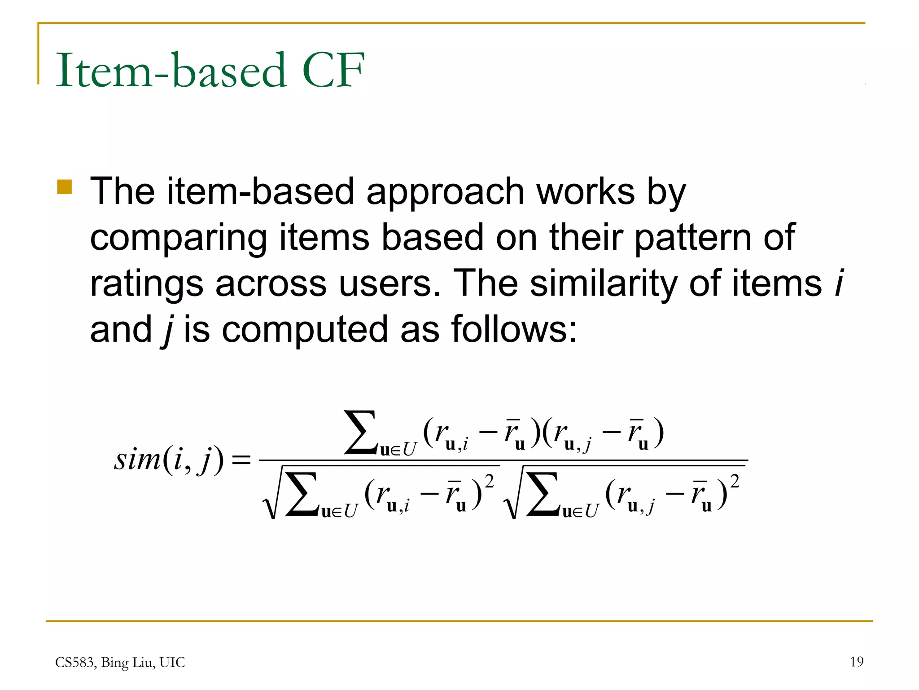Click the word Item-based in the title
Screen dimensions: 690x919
tap(171, 70)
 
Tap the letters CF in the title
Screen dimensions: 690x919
tap(333, 70)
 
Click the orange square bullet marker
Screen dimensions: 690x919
tap(65, 187)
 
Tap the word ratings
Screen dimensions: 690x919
tap(146, 284)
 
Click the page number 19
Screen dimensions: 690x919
tap(856, 661)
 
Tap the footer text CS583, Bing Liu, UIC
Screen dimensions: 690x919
tap(120, 662)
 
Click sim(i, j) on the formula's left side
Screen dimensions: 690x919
tap(168, 460)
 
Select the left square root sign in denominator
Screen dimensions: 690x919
tap(271, 494)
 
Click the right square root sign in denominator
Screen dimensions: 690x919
tap(512, 494)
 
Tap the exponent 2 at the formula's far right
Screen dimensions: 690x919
tap(735, 482)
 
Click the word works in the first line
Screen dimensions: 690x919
tap(585, 192)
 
